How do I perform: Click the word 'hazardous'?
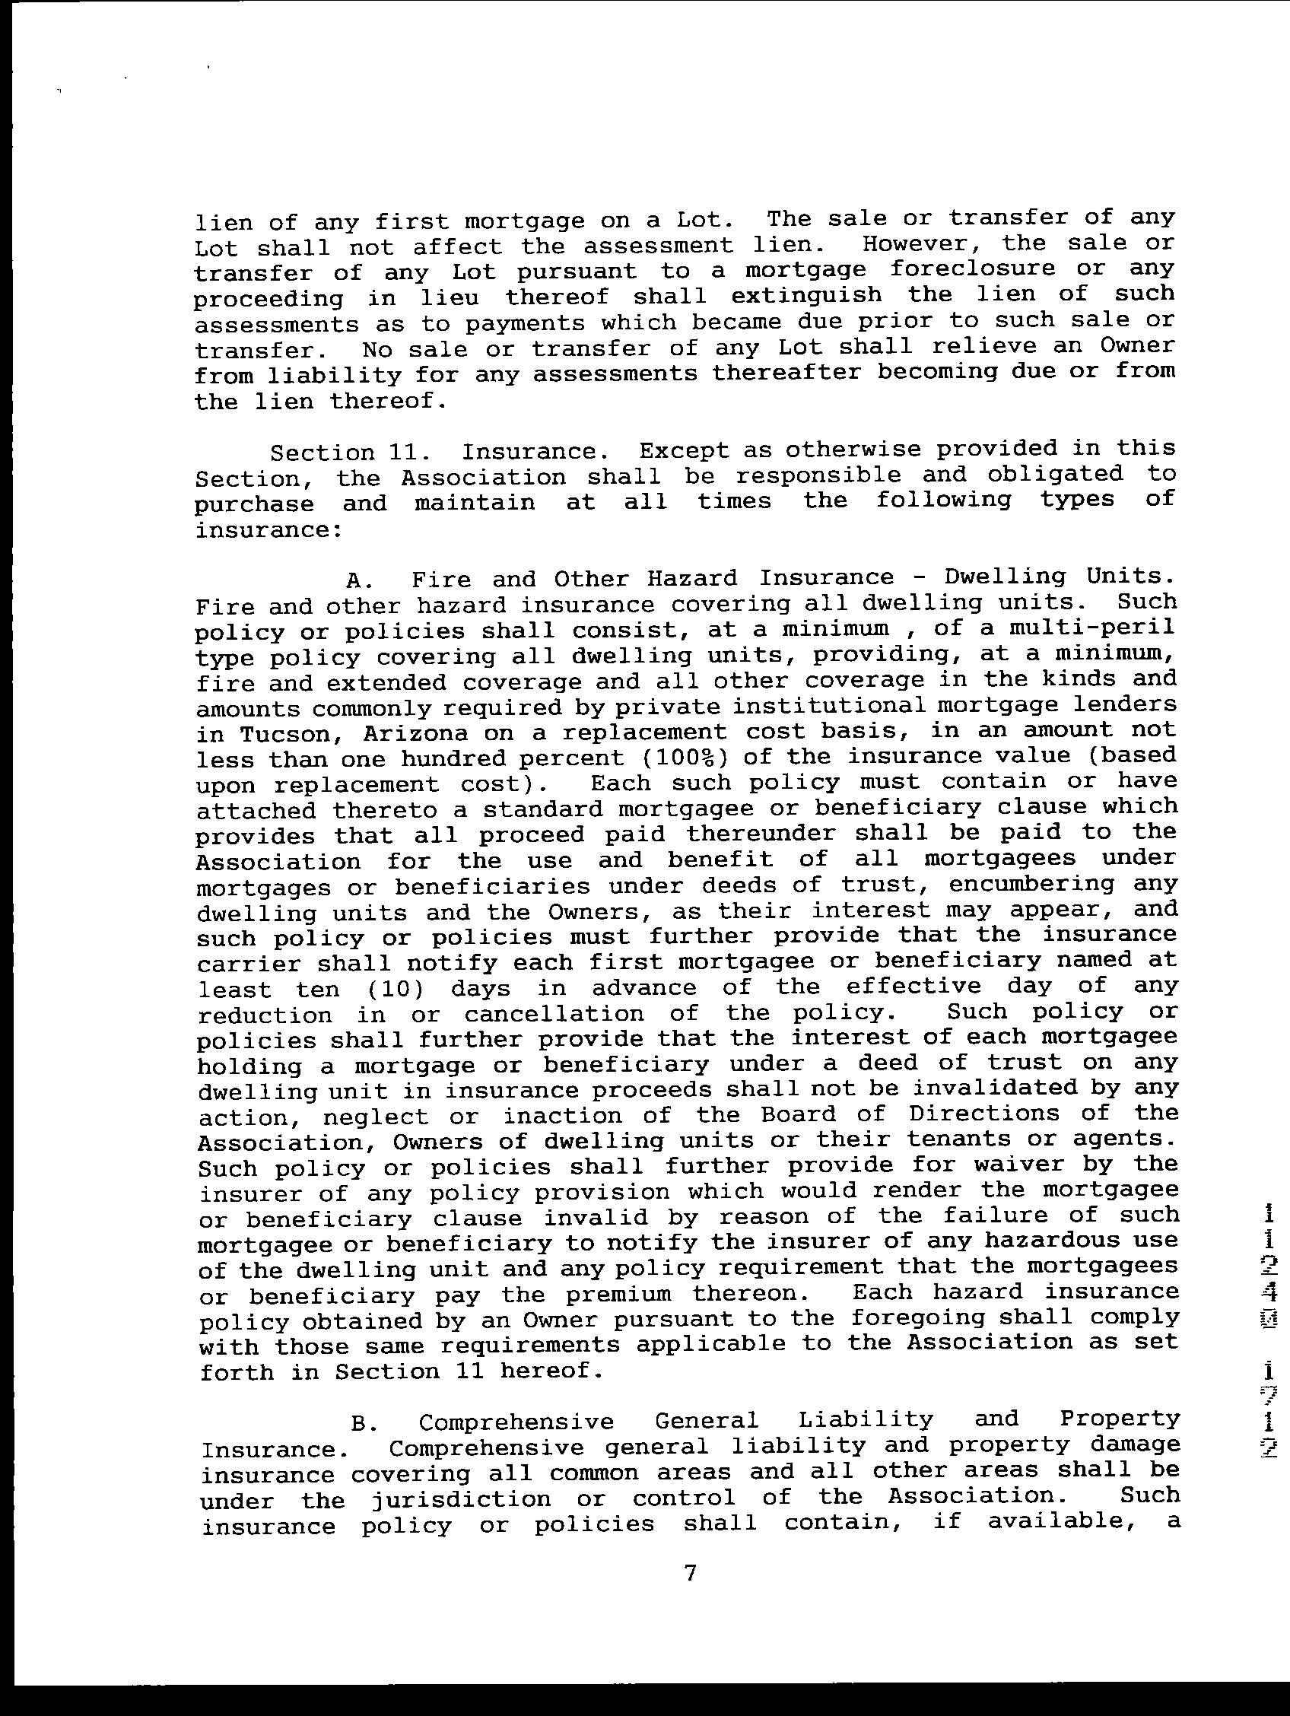pyautogui.click(x=1050, y=1241)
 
